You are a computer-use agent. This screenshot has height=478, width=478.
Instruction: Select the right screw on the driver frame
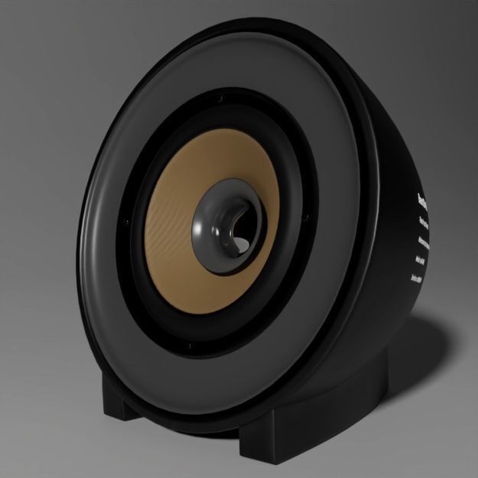(x=307, y=217)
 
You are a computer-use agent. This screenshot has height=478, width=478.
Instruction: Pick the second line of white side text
(x=424, y=224)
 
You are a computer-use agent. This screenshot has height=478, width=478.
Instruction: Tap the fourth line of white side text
(x=421, y=262)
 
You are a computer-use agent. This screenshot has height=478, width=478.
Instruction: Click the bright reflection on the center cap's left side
(x=199, y=228)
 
